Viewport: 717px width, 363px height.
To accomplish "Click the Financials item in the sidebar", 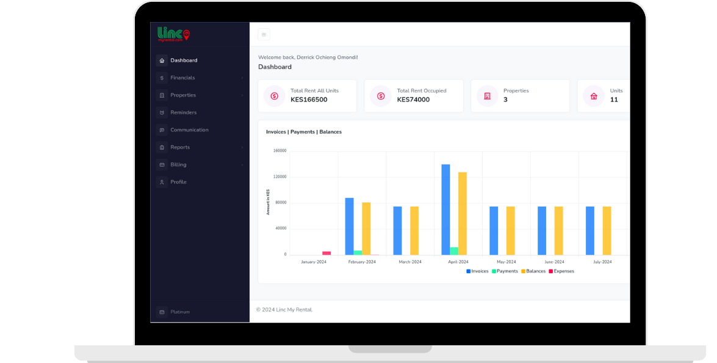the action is [182, 78].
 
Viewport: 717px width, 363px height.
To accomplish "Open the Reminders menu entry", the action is [183, 112].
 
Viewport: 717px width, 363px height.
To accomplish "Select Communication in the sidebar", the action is [189, 130].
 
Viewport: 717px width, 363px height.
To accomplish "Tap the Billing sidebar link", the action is [178, 165].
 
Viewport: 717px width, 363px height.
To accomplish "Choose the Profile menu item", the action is [178, 182].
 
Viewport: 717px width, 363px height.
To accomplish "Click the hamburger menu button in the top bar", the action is [264, 34].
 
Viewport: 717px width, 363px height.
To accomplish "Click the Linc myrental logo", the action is [174, 34].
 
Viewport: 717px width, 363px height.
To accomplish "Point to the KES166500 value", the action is [309, 100].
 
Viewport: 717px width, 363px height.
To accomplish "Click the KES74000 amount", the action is [413, 100].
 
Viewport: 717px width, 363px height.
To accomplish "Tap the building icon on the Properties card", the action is [488, 96].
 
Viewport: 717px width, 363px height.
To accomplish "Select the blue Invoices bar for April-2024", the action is [445, 210].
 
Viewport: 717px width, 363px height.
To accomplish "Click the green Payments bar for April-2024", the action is [454, 251].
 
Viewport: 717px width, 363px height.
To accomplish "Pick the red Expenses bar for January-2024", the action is [326, 253].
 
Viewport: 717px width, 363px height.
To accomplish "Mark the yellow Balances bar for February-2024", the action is [366, 229].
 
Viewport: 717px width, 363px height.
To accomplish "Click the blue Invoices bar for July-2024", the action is [590, 231].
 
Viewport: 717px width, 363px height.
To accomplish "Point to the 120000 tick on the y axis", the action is [280, 177].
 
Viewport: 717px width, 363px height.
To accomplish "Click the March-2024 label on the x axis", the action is [410, 262].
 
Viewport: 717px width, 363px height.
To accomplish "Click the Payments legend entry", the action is [505, 271].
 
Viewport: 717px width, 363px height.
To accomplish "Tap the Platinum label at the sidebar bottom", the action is [180, 312].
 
